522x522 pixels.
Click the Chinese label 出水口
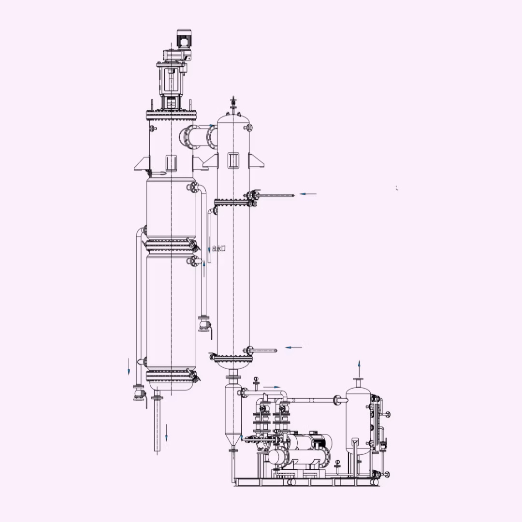(219, 248)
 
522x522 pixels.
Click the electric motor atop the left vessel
(184, 38)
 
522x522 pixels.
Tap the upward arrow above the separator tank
(359, 368)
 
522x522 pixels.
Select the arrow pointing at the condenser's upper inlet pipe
(308, 193)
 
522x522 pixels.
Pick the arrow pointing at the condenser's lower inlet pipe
(294, 347)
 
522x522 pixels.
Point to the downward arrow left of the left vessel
(129, 367)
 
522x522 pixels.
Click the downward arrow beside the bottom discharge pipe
(166, 433)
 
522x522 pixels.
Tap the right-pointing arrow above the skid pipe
(272, 387)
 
